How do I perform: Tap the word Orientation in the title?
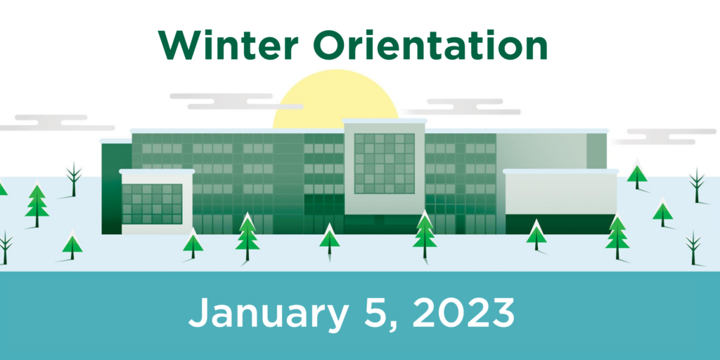point(431,46)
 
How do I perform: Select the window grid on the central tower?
point(384,163)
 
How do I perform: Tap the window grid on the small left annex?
point(152,203)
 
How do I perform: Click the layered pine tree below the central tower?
point(425,235)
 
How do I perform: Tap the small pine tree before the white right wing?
point(536,235)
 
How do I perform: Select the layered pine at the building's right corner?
point(617,237)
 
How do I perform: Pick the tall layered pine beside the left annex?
point(247,237)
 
